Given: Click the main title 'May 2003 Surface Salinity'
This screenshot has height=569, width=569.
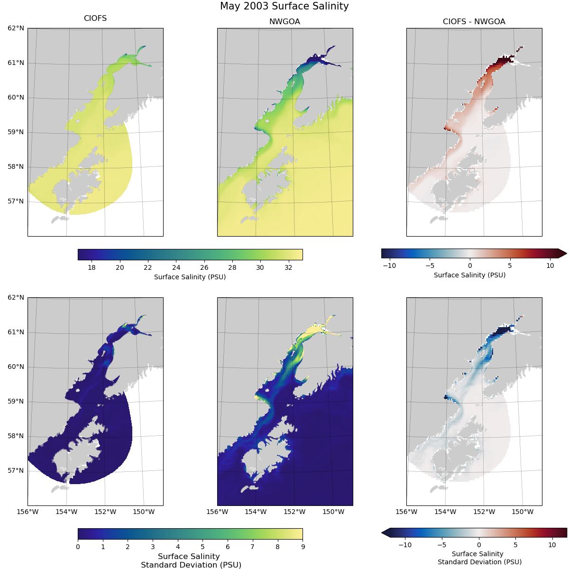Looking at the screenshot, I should pos(284,6).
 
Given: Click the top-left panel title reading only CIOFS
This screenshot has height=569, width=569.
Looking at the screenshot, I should pos(95,18).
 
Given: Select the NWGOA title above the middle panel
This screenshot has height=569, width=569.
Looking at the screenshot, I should pos(284,22).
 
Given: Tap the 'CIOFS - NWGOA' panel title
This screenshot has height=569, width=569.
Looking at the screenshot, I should pos(474,22).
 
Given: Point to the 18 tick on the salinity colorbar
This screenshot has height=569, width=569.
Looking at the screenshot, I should pos(92,267).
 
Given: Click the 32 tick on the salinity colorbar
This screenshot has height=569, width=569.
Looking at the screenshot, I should pos(288,267).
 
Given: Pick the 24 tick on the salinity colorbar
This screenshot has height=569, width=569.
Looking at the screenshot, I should pos(176,267).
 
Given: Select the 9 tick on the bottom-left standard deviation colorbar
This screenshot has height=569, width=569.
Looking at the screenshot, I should pos(303,547).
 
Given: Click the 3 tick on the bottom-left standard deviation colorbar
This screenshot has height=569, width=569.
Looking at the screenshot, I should pos(153,547).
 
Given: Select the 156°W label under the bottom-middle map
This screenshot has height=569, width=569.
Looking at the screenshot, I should pos(217,512).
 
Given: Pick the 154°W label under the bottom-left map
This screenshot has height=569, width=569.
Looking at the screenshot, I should pos(66,512).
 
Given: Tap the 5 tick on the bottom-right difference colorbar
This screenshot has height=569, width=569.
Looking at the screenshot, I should pos(515,545).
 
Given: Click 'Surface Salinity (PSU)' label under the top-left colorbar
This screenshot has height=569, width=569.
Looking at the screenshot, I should pos(190,277).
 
